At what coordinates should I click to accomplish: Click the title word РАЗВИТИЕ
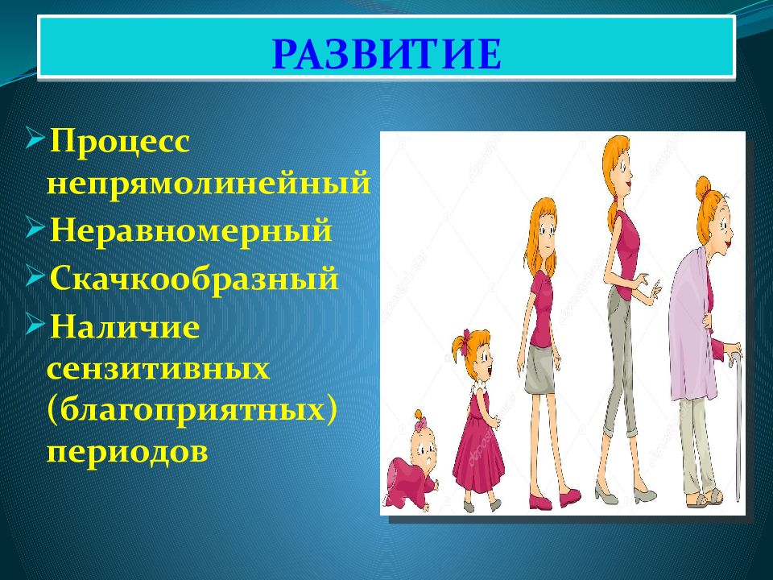[x=387, y=53]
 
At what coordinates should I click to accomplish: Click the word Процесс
[x=120, y=143]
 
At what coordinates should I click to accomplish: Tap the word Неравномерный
[x=192, y=231]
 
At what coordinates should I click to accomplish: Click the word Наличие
[x=125, y=326]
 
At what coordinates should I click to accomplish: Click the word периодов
[x=127, y=451]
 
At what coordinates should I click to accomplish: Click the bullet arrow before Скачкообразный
[x=36, y=276]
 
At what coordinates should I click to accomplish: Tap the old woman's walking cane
[x=738, y=425]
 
